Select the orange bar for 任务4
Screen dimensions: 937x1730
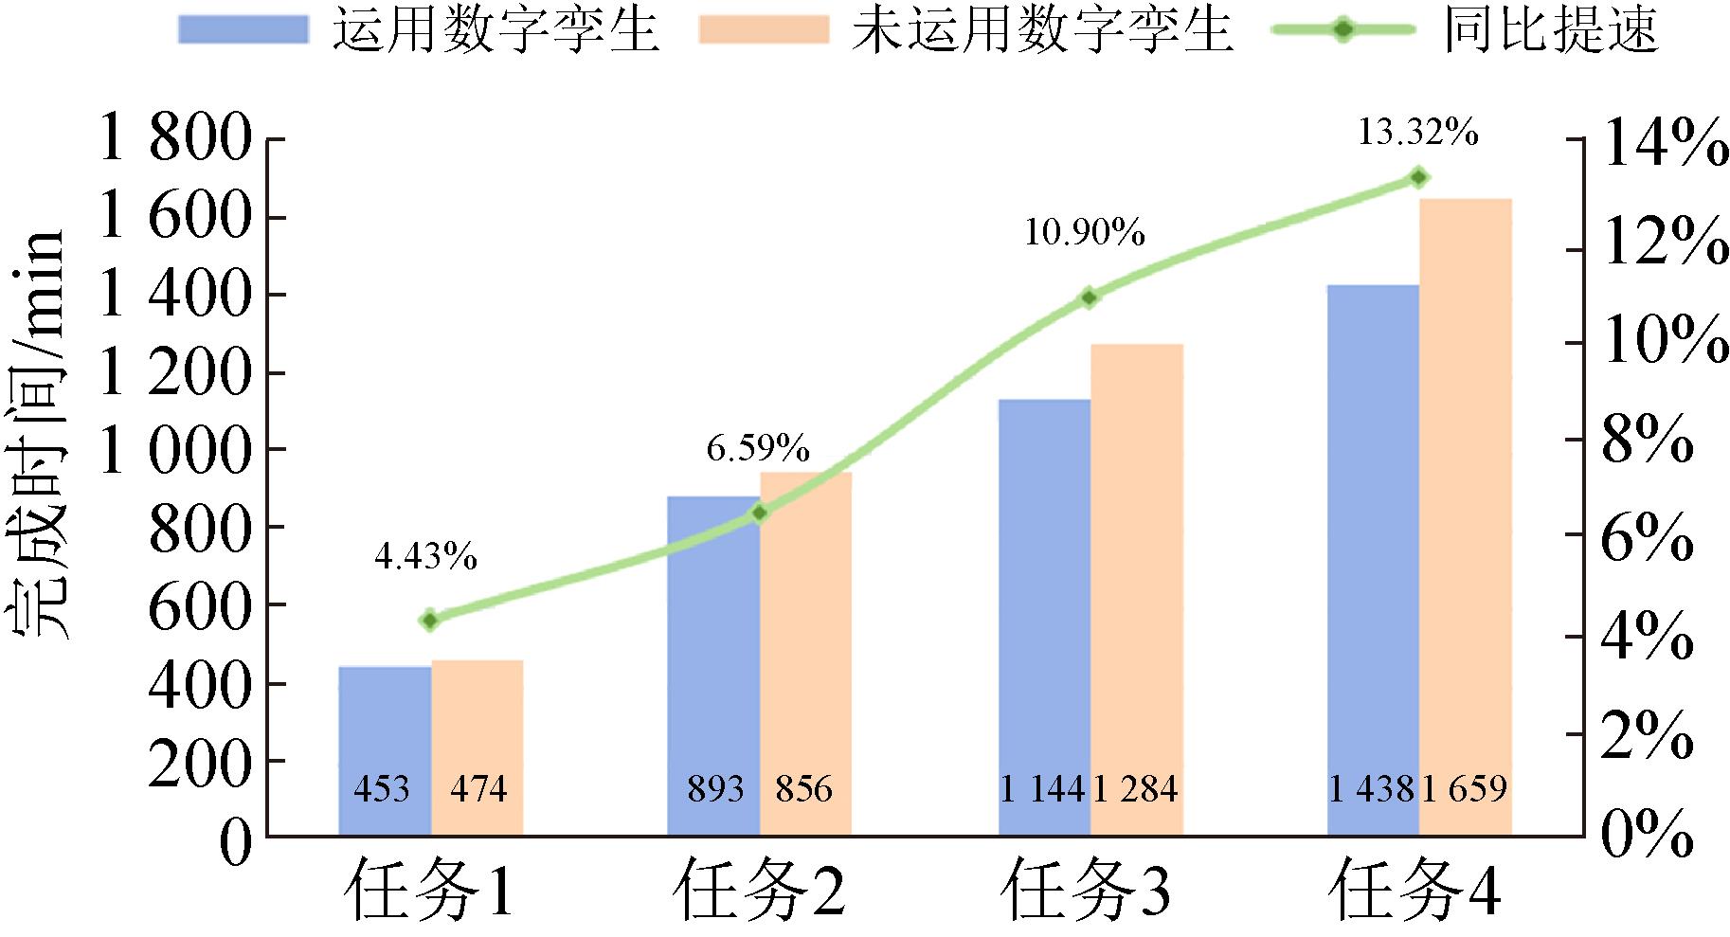(1465, 512)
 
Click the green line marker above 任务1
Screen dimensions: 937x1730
(430, 621)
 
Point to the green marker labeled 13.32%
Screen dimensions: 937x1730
(1418, 177)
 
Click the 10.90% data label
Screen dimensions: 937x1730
(1084, 232)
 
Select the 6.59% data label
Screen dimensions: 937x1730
(758, 447)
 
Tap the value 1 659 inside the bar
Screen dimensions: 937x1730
(1465, 788)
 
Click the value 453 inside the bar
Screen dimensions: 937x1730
(382, 788)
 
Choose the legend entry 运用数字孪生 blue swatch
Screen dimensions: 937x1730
(243, 28)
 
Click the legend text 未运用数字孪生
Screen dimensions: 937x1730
(1041, 28)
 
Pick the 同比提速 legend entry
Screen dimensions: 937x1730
(1551, 28)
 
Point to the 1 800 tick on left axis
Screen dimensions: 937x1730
(176, 140)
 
